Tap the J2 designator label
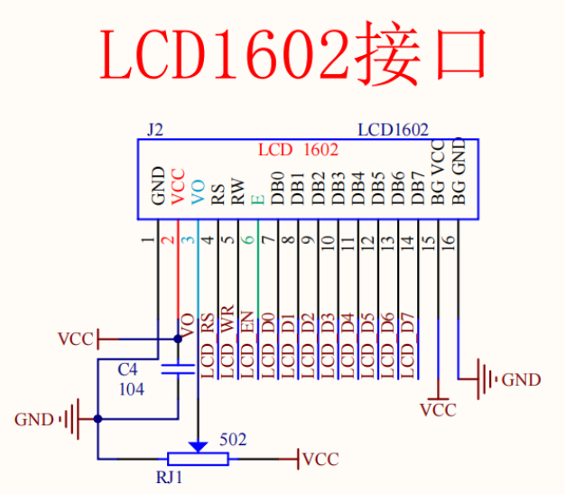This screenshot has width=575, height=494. coord(154,130)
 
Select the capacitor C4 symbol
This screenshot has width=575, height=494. coord(178,368)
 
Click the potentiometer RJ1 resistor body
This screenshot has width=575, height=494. coord(198,459)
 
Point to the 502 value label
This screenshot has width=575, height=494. coord(233,440)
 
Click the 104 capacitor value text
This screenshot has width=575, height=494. coord(131,388)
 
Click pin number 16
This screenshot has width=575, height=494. coord(448,242)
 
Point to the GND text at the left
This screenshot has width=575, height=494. coord(34,419)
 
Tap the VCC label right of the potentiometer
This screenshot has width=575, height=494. coord(320,459)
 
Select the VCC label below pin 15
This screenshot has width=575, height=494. coord(438,410)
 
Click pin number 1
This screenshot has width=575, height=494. coord(148,240)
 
